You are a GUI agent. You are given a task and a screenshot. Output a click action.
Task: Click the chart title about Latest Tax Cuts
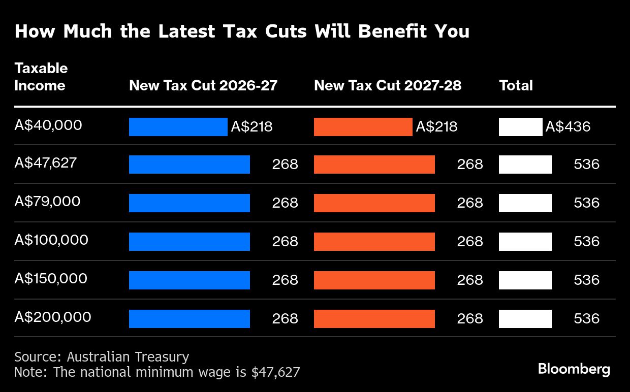(x=242, y=31)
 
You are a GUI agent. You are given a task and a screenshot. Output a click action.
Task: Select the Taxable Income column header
(x=41, y=77)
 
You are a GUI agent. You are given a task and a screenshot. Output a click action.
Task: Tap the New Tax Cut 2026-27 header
(x=203, y=85)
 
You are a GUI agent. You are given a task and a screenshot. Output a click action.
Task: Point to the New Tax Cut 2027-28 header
(x=388, y=85)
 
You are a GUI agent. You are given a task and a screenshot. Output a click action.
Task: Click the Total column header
(x=516, y=85)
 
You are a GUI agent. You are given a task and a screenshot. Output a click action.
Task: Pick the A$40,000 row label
(x=48, y=125)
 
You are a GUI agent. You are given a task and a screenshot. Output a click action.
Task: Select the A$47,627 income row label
(x=46, y=163)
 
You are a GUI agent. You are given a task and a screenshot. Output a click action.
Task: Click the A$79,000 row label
(x=47, y=202)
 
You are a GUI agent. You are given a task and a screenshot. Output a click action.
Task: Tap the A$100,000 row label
(x=51, y=240)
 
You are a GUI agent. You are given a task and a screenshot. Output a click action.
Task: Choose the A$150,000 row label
(x=51, y=278)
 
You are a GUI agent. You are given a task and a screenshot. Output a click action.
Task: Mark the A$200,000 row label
(x=53, y=317)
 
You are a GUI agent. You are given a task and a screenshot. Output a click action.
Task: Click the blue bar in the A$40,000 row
(x=178, y=127)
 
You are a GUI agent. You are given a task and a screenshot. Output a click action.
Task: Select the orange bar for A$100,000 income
(x=374, y=242)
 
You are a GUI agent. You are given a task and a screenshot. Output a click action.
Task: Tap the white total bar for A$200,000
(x=525, y=319)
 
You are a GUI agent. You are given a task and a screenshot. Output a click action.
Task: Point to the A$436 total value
(x=568, y=127)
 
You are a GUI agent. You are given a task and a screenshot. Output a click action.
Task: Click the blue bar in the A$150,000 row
(x=189, y=280)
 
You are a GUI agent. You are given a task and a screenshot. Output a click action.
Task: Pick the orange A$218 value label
(x=436, y=127)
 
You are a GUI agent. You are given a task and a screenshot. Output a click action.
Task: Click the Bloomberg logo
(x=574, y=369)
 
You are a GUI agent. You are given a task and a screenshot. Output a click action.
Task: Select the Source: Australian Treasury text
(x=102, y=357)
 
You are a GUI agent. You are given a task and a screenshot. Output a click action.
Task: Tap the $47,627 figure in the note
(x=275, y=372)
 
